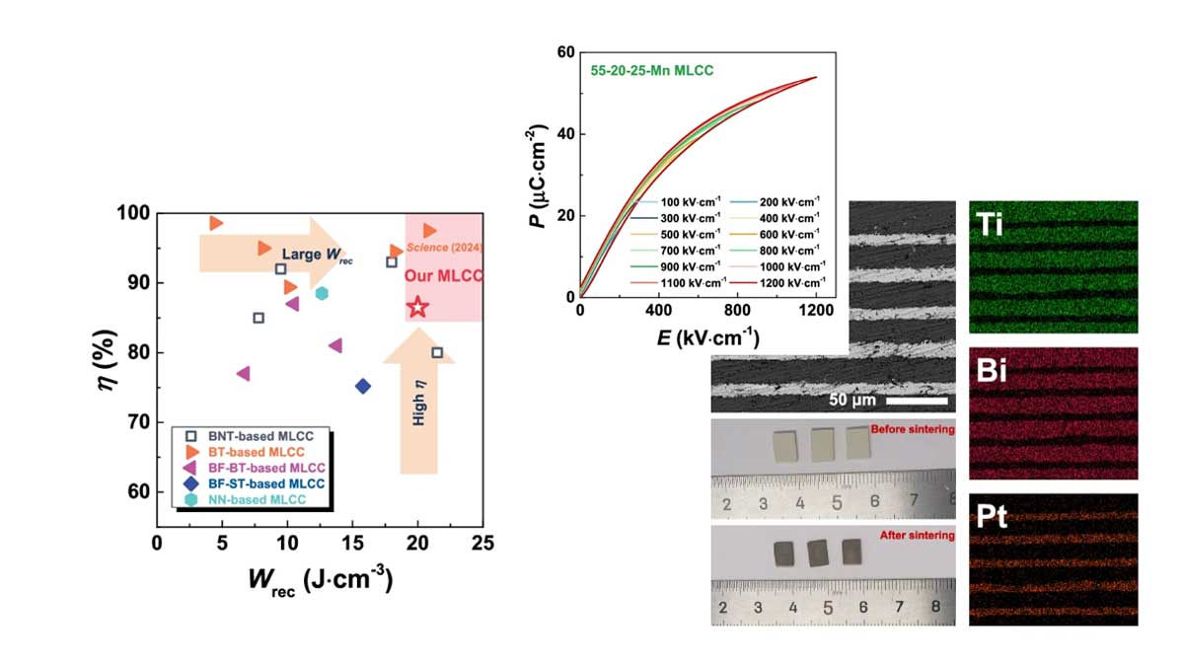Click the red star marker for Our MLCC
click(x=417, y=307)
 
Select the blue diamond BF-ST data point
click(x=363, y=386)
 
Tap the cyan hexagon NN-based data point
click(x=321, y=293)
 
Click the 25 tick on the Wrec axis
click(x=482, y=542)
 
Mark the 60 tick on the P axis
click(x=566, y=51)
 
